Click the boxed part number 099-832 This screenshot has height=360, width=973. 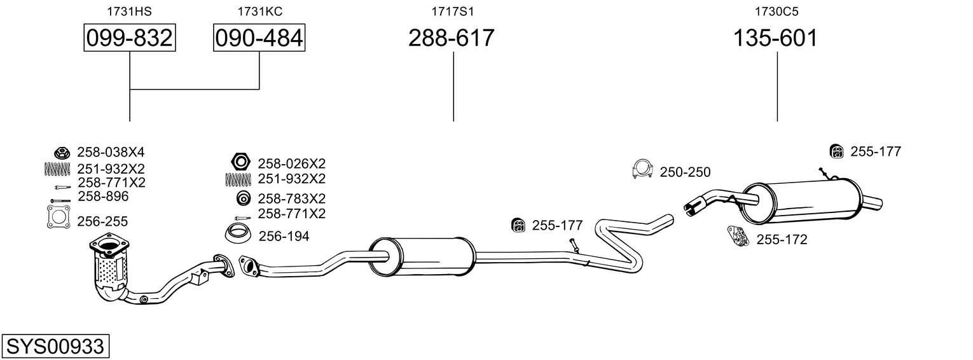(x=130, y=38)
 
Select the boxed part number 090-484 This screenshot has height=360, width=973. (x=259, y=38)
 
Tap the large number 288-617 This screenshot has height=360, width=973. (x=452, y=38)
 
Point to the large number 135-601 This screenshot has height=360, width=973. (x=775, y=38)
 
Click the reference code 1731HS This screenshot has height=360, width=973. (x=130, y=11)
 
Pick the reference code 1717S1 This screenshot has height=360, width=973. (x=453, y=11)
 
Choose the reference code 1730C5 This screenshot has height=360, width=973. (x=776, y=11)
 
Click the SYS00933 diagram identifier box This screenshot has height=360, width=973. (x=55, y=346)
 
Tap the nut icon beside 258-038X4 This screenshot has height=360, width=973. (x=62, y=153)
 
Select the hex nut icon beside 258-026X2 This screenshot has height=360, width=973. (x=240, y=162)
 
